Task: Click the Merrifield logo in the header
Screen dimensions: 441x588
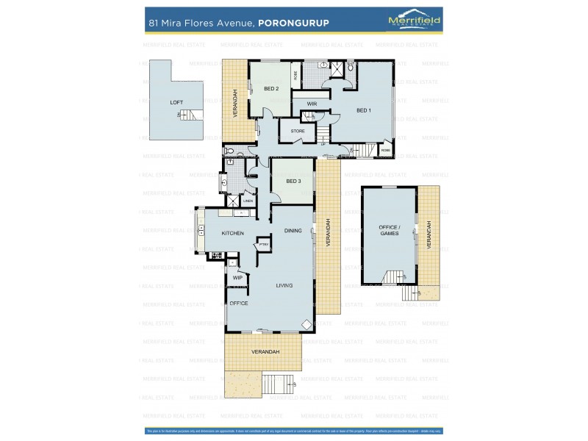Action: [x=414, y=21]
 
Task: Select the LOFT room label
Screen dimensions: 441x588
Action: [x=176, y=102]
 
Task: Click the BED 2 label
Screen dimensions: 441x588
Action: [x=271, y=88]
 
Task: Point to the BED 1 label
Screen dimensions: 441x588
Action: [x=364, y=110]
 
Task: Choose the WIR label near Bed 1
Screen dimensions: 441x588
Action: [x=312, y=104]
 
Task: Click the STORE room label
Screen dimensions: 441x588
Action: [x=298, y=131]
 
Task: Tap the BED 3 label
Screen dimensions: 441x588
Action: [x=293, y=181]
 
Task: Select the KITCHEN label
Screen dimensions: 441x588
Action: [x=232, y=233]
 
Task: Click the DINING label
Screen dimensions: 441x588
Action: [x=293, y=230]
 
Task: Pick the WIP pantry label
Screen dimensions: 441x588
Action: [x=237, y=278]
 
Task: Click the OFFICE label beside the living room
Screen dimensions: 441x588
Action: [x=238, y=303]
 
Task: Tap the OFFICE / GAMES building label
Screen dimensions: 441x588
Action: [x=389, y=230]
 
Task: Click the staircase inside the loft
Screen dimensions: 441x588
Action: [x=190, y=115]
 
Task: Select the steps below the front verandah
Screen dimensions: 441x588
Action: [x=278, y=384]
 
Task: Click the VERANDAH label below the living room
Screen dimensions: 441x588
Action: [x=265, y=352]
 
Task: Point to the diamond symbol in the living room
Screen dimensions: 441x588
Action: [x=306, y=323]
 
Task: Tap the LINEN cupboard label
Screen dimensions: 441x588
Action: [x=248, y=201]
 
